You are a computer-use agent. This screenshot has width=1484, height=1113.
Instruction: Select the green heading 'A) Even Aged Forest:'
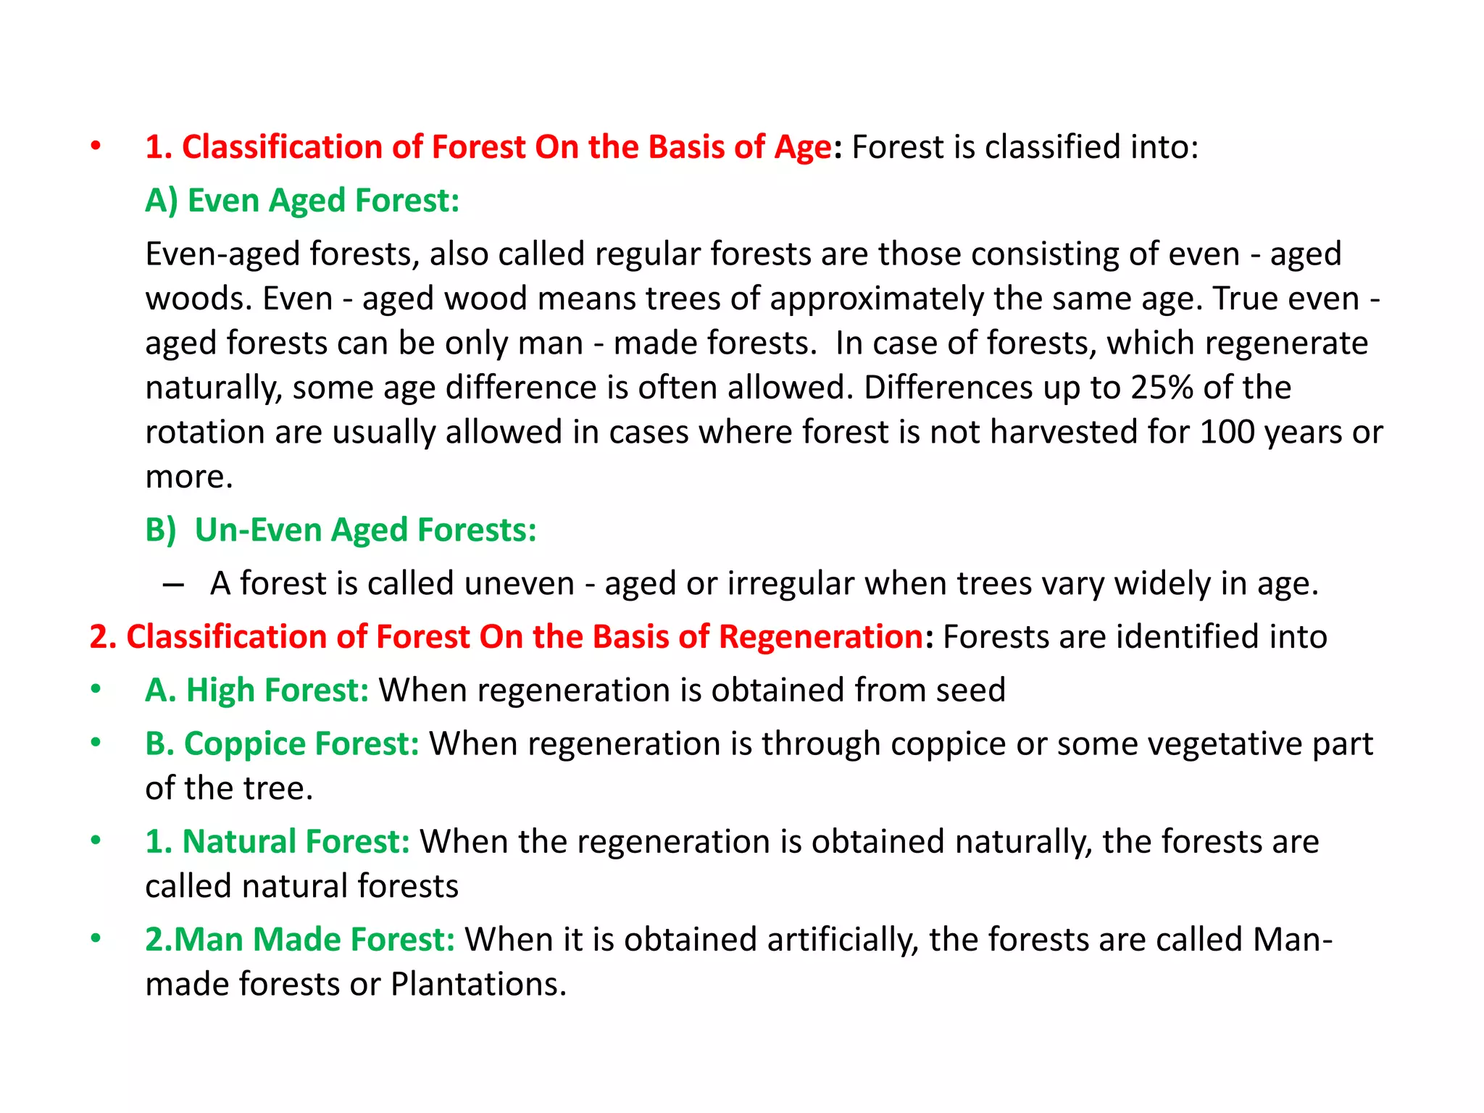click(302, 201)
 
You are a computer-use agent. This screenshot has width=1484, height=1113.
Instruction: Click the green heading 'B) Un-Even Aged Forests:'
click(341, 530)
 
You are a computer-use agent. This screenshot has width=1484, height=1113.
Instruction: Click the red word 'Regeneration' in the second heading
click(821, 637)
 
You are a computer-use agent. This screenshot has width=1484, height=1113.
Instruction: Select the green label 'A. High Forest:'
click(257, 690)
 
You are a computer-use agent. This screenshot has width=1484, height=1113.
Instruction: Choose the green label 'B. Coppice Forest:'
click(282, 744)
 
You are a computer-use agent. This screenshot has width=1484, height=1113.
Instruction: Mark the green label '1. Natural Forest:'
click(278, 842)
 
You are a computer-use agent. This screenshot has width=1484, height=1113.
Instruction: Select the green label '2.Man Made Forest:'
click(300, 940)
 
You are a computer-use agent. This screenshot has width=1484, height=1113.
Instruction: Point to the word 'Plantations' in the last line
click(478, 985)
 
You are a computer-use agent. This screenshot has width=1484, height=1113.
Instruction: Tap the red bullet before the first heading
click(96, 147)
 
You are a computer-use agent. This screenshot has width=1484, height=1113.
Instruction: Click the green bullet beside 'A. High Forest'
click(96, 690)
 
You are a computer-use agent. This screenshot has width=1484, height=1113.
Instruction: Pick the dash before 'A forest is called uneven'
click(174, 584)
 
